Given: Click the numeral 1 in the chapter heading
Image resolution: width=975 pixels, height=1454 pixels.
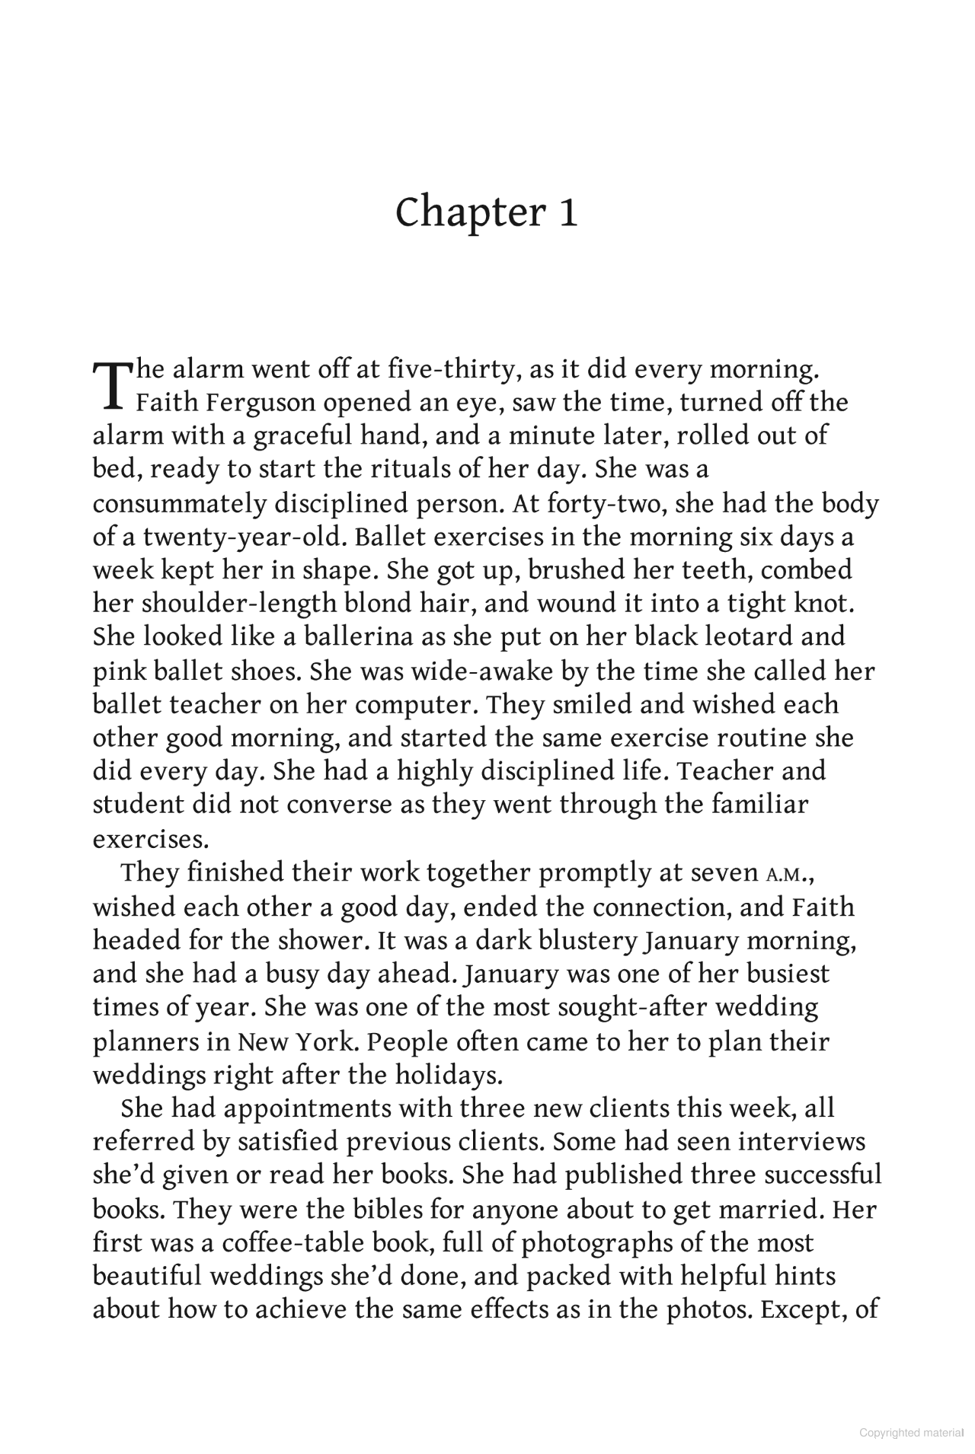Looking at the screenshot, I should click(x=567, y=212).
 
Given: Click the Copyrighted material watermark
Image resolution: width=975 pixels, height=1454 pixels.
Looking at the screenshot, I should click(x=911, y=1433).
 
